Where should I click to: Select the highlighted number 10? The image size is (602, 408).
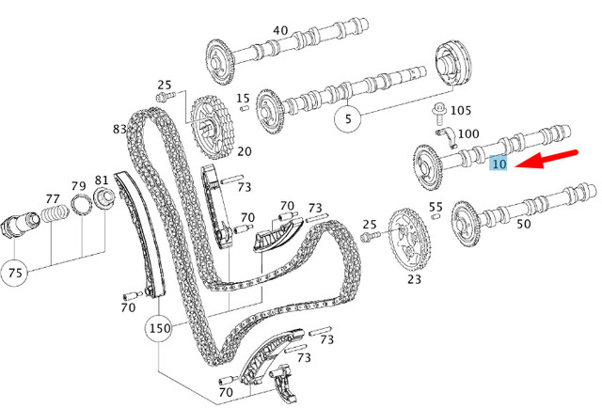click(499, 165)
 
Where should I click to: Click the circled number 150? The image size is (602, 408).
click(159, 329)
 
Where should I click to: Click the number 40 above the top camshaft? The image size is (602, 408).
click(280, 31)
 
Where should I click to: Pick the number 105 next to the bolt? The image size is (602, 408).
click(461, 111)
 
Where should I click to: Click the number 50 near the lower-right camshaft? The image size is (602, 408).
click(523, 226)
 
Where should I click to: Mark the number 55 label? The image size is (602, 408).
click(436, 207)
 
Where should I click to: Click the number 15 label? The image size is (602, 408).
click(243, 98)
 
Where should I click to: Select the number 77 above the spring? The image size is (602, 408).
click(53, 198)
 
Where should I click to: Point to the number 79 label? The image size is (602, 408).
click(79, 185)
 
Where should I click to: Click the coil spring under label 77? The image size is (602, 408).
click(53, 227)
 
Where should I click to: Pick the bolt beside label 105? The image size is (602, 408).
click(438, 117)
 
